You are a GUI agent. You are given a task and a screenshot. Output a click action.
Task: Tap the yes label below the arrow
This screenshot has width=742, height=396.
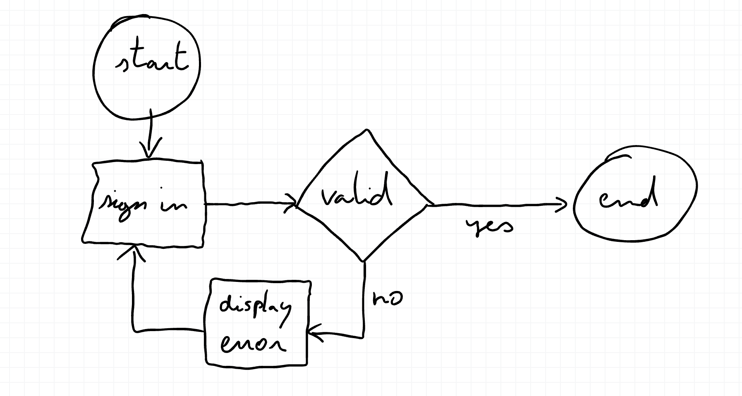tap(490, 226)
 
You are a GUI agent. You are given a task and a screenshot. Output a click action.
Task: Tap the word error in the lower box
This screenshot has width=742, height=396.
tap(252, 344)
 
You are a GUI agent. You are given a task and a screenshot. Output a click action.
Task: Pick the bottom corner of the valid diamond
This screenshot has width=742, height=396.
tap(363, 260)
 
